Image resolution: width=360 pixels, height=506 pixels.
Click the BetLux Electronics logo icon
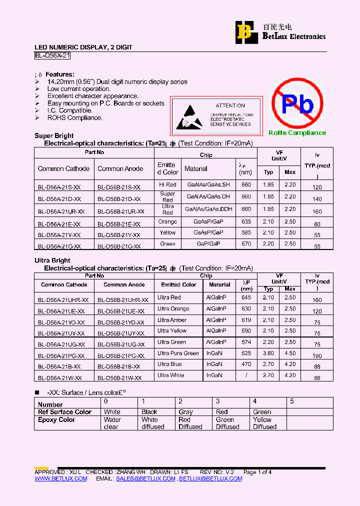(244, 32)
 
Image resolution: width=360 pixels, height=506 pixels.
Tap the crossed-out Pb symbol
(297, 104)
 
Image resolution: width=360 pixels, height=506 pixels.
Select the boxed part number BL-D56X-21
(55, 56)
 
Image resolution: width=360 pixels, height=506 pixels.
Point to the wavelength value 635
(246, 221)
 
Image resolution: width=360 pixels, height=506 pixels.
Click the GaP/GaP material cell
(208, 244)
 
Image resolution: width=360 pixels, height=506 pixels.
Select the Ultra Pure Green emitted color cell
(178, 353)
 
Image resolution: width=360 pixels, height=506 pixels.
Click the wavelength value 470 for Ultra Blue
(246, 364)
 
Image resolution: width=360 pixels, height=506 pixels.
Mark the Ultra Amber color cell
(172, 320)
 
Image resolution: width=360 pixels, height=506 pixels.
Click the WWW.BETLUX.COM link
(60, 479)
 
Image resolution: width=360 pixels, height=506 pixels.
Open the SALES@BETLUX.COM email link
(145, 479)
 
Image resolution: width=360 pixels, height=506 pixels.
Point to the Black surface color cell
(149, 412)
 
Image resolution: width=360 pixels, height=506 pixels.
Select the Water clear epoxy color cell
(112, 423)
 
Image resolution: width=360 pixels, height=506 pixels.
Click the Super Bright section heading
(54, 136)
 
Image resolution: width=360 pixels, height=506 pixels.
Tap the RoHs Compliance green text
(297, 133)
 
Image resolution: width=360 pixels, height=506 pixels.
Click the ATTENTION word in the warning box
(230, 106)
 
